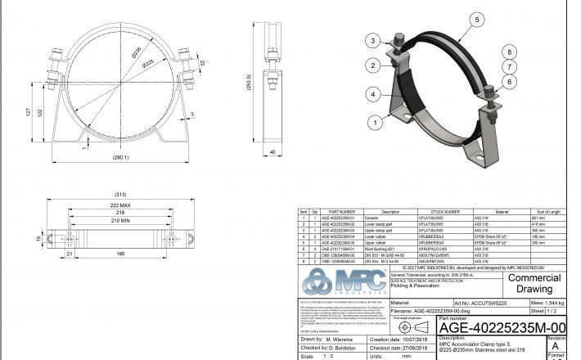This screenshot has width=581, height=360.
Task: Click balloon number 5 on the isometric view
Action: tap(475, 18)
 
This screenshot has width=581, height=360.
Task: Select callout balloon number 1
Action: tap(375, 124)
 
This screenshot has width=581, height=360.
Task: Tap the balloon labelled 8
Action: tap(509, 51)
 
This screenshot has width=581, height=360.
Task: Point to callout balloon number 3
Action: tap(372, 40)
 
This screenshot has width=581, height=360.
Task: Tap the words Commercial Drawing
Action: tap(535, 283)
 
